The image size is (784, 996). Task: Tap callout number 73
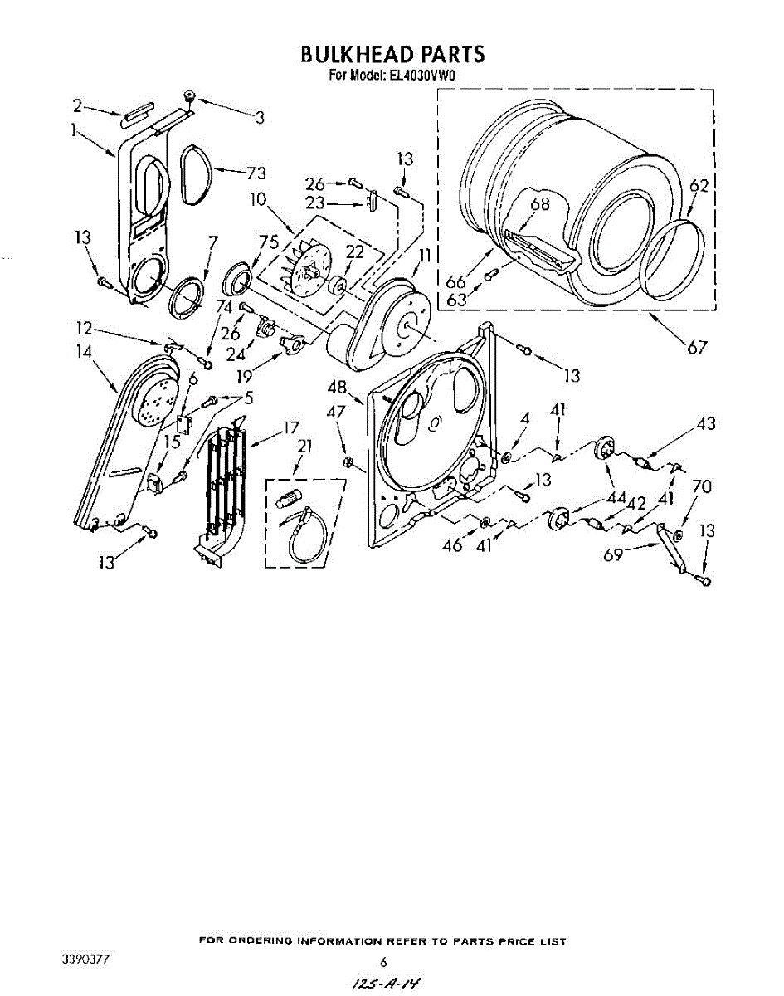point(255,173)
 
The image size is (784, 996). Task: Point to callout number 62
point(699,186)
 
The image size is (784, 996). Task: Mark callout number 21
point(304,446)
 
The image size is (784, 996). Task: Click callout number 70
point(701,486)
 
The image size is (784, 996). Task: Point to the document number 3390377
point(86,960)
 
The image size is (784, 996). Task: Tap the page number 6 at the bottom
point(383,963)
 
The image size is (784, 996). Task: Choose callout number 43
point(705,424)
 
